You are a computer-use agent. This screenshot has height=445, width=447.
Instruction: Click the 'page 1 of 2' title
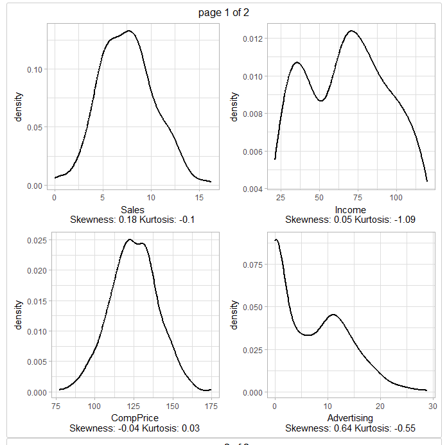coord(223,13)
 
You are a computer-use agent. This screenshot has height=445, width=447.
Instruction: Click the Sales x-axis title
coord(133,210)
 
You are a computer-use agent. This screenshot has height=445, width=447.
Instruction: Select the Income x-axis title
coord(350,210)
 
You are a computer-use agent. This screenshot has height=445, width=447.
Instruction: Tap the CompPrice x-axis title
coord(139,418)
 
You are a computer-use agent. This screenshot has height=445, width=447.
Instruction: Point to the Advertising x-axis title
coord(350,418)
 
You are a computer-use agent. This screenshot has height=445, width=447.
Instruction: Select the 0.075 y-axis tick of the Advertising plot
coord(250,263)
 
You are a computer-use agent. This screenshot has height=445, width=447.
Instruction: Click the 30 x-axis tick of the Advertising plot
coord(432,406)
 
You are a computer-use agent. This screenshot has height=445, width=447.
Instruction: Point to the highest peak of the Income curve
coord(351,31)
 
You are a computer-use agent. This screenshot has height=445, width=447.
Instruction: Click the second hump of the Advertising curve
coord(333,315)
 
